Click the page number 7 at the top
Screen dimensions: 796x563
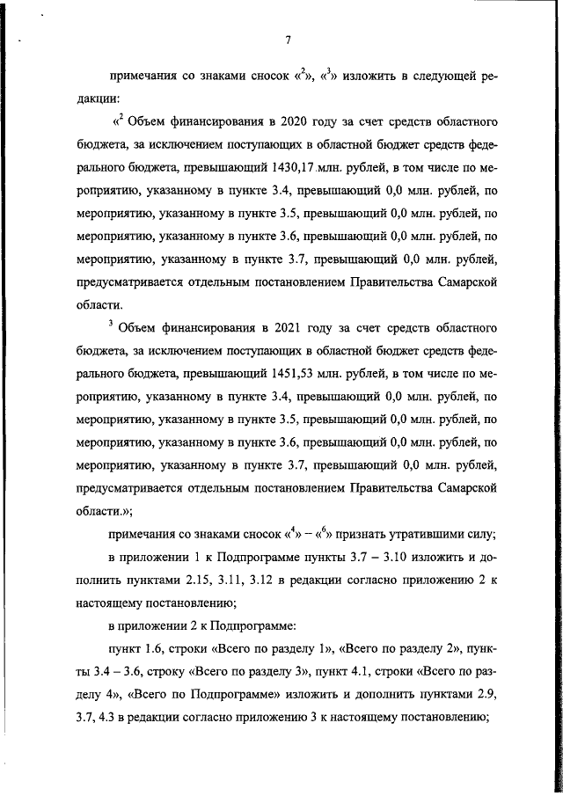(288, 39)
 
